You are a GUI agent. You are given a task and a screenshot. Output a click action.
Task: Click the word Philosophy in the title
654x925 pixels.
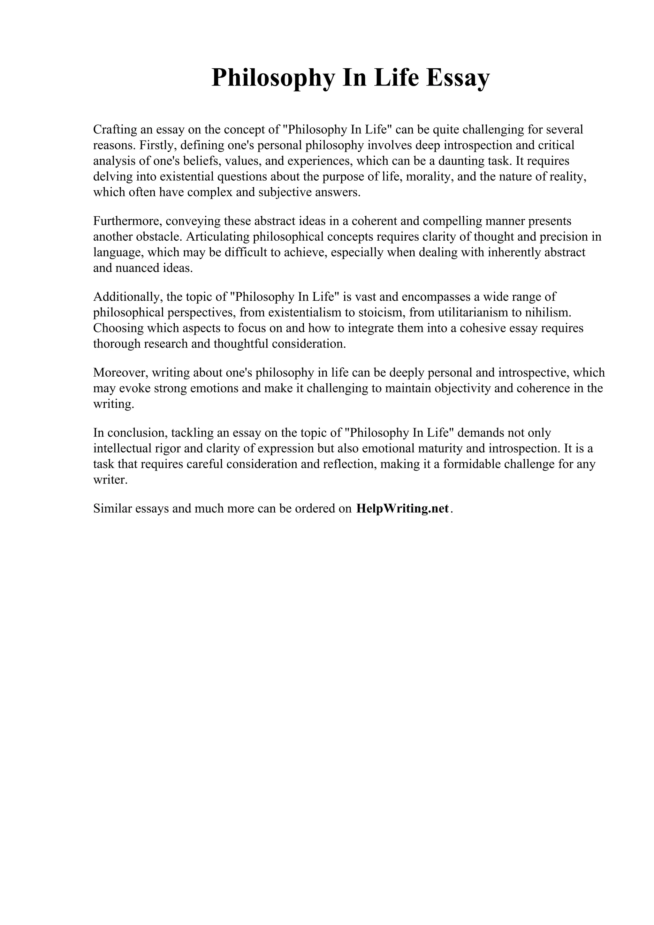(x=273, y=78)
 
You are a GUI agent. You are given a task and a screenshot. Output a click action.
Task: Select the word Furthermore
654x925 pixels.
(x=127, y=221)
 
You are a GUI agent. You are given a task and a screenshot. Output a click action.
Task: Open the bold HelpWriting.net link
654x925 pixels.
(x=403, y=509)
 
